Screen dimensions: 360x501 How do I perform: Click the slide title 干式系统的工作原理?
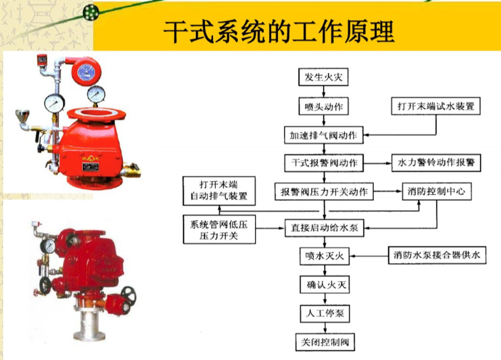click(x=278, y=31)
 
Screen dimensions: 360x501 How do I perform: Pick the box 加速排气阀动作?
click(x=324, y=135)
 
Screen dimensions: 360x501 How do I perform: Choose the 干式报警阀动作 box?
click(x=324, y=163)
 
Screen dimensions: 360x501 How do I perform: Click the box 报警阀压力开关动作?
click(x=324, y=191)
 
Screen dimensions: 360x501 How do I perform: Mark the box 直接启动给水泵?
click(x=324, y=228)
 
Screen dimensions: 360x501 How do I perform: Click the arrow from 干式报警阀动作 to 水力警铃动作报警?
click(x=377, y=163)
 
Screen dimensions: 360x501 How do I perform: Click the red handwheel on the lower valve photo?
click(x=127, y=296)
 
